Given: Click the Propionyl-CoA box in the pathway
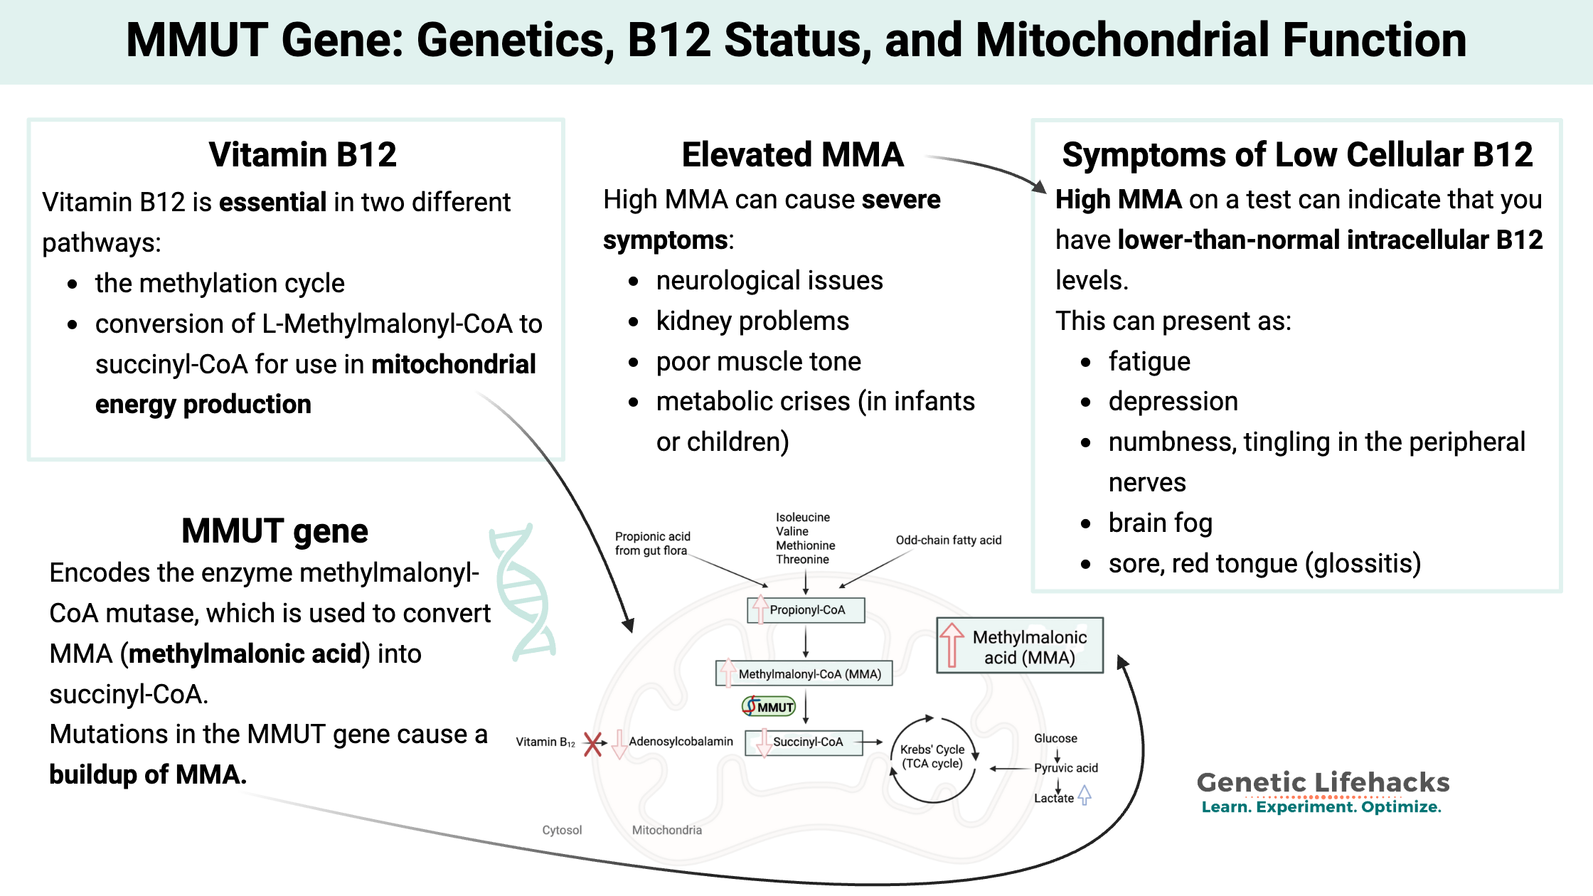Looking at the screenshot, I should pyautogui.click(x=806, y=610).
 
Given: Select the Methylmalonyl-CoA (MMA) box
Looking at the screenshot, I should pyautogui.click(x=804, y=673).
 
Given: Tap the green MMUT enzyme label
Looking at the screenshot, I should pyautogui.click(x=769, y=706).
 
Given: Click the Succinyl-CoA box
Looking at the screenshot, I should pyautogui.click(x=804, y=742).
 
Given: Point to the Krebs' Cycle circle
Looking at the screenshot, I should pyautogui.click(x=932, y=758).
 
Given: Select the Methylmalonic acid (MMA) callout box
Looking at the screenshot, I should pyautogui.click(x=1020, y=646).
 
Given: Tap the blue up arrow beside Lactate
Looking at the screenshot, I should pyautogui.click(x=1084, y=795).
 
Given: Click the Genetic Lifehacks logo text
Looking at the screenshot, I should pyautogui.click(x=1323, y=783).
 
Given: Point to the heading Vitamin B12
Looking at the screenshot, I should pyautogui.click(x=302, y=154).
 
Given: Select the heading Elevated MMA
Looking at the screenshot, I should pyautogui.click(x=792, y=154).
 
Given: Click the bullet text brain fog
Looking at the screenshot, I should pyautogui.click(x=1160, y=523).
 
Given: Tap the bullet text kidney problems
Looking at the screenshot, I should pyautogui.click(x=752, y=321).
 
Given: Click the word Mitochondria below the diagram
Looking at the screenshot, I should pyautogui.click(x=666, y=830).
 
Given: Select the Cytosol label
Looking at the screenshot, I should pyautogui.click(x=562, y=830).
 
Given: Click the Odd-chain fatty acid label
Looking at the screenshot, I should pyautogui.click(x=948, y=540).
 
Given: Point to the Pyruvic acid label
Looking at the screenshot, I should pyautogui.click(x=1065, y=768).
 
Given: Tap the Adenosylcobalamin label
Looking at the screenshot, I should pyautogui.click(x=681, y=742).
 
